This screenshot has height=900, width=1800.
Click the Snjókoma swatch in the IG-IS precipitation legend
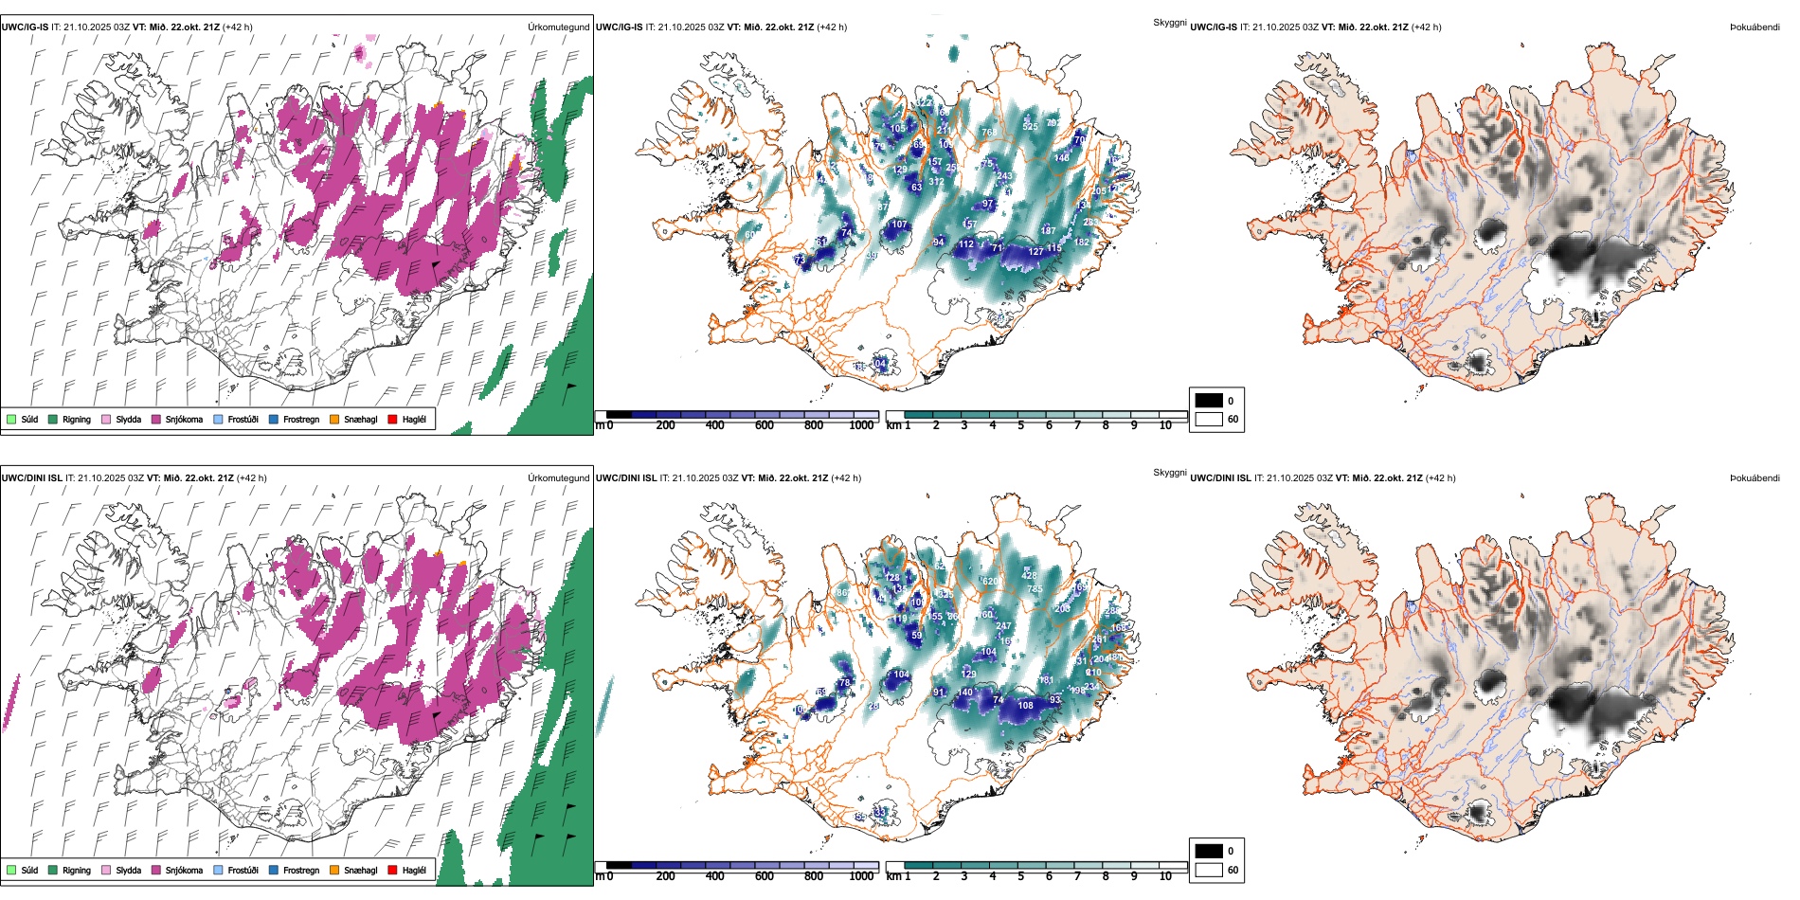[156, 419]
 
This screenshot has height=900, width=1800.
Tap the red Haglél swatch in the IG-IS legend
[392, 419]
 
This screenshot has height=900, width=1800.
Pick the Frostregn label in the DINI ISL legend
[300, 870]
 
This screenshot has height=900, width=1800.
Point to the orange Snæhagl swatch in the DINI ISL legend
[334, 870]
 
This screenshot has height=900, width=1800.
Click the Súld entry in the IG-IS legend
[11, 419]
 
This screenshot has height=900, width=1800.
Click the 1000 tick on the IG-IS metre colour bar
[861, 425]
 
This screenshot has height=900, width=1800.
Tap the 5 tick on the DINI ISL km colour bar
[1021, 876]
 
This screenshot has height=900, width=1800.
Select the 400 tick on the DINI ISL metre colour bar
[715, 876]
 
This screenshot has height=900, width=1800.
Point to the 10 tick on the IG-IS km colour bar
[1165, 425]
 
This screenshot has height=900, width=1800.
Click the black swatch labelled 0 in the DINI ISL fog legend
[1209, 851]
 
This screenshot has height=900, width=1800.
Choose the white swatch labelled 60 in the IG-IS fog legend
[1209, 419]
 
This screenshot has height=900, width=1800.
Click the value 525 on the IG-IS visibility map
[1030, 126]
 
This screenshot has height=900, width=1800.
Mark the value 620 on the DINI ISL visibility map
[990, 582]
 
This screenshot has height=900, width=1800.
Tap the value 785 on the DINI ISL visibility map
[1035, 589]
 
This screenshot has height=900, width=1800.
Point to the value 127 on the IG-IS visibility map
[1036, 252]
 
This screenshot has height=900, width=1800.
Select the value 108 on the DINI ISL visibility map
[1025, 706]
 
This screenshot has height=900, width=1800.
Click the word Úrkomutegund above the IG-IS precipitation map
[558, 27]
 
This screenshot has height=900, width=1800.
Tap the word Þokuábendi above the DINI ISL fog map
[1755, 478]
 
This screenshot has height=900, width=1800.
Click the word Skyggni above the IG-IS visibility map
[1169, 23]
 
